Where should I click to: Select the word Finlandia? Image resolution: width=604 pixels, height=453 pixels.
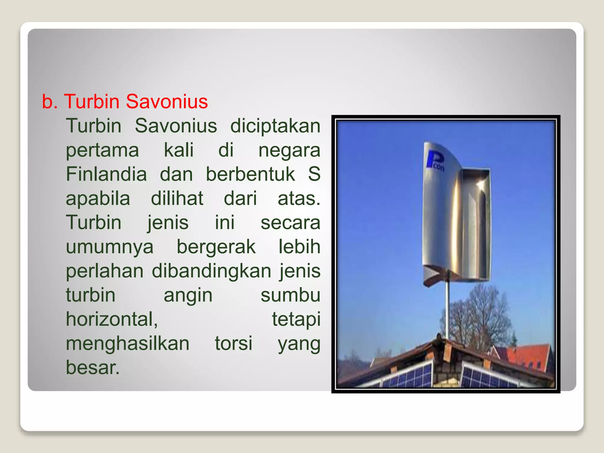coord(106,174)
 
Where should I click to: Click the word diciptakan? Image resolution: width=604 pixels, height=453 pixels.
coord(275,126)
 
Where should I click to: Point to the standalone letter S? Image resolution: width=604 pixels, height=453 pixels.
coord(314,174)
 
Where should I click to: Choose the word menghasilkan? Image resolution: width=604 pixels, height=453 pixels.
coord(127,344)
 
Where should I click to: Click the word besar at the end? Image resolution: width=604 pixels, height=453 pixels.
coord(92,367)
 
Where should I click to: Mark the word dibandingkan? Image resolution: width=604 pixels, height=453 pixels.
coord(211,271)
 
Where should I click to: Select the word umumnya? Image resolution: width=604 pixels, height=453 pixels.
coord(109,247)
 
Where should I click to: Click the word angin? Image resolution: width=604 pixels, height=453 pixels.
coord(188,295)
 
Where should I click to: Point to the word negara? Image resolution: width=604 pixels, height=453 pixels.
coord(289,150)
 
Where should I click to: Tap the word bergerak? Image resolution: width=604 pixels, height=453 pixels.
coord(216,247)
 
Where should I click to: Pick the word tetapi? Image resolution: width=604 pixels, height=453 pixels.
coord(296,319)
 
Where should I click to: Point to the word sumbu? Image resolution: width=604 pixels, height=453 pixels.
coord(290,295)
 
